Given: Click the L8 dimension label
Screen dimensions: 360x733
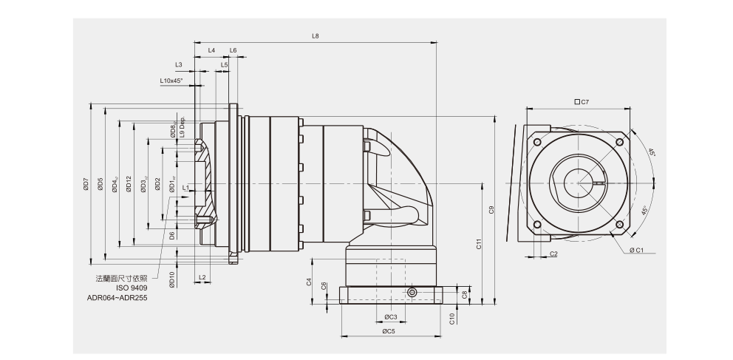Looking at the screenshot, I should [x=316, y=35].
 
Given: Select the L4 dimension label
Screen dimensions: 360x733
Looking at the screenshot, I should [x=211, y=50].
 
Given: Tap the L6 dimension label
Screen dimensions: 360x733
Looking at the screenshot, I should [x=233, y=50].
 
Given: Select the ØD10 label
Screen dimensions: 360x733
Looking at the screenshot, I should [x=171, y=279].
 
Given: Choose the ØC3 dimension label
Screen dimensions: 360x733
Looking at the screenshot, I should [x=391, y=317].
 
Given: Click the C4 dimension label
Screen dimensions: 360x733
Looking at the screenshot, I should [x=309, y=282].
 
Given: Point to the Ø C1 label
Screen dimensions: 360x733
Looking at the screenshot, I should [x=637, y=250].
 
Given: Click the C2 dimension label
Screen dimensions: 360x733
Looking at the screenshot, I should [x=553, y=254].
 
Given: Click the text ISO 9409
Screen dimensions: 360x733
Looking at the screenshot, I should [x=133, y=288].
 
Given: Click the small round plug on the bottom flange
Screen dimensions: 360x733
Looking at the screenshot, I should [x=412, y=293].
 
